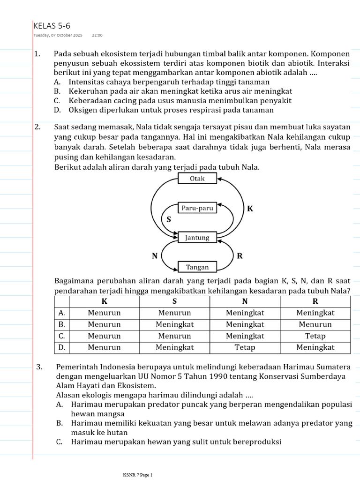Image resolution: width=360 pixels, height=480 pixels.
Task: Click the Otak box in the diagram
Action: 197,179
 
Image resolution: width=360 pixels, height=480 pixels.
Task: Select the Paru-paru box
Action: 197,208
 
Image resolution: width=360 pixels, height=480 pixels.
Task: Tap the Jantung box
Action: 197,238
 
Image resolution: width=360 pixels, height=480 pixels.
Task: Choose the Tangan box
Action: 197,267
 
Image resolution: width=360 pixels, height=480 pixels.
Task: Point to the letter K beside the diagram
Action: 250,209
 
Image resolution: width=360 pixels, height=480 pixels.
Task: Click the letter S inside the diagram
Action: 169,219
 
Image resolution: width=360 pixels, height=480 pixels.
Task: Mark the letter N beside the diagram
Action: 154,256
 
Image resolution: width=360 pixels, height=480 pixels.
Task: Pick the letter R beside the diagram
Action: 240,256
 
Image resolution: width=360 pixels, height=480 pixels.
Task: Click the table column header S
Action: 174,301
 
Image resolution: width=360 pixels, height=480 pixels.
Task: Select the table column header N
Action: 245,301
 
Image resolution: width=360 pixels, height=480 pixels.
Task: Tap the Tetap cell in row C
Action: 315,336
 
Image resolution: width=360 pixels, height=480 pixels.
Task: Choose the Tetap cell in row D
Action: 245,347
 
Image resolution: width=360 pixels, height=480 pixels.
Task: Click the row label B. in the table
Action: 61,324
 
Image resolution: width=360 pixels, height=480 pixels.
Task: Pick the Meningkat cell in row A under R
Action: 315,313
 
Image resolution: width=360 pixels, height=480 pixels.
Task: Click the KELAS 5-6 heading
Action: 52,26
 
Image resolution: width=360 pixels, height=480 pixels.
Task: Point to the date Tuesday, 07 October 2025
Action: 58,35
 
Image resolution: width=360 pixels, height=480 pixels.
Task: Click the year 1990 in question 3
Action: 193,376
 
